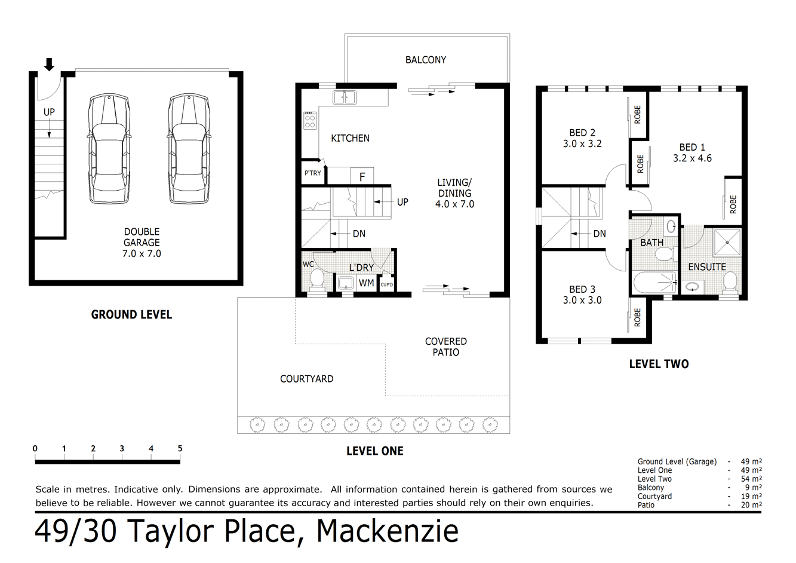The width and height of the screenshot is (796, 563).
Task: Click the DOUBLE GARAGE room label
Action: pos(142,242)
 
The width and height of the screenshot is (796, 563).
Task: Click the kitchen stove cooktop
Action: pos(310,121)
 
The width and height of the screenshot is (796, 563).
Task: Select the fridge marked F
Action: pos(362,177)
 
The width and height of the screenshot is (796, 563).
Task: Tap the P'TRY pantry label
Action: pos(312,173)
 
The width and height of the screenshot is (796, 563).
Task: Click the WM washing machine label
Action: pos(366,283)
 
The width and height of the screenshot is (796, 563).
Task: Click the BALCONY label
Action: pos(425,60)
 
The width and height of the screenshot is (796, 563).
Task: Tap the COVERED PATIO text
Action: pos(445,347)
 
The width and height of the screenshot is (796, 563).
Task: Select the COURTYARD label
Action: pos(306,379)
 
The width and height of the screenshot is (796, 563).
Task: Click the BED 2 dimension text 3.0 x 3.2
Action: pos(582,144)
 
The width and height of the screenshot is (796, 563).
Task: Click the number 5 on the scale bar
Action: pos(180,449)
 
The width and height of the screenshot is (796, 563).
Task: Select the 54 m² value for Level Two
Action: pos(751,479)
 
